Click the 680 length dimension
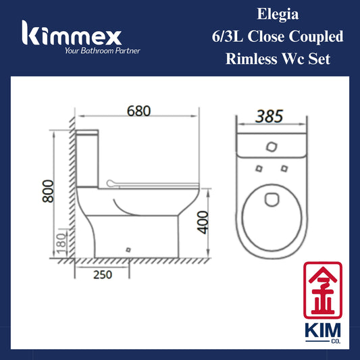(x=138, y=111)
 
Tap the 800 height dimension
(x=48, y=191)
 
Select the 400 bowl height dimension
(x=203, y=222)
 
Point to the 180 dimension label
(x=61, y=243)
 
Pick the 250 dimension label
(x=103, y=275)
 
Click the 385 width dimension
(x=269, y=116)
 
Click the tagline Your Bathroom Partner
(x=102, y=51)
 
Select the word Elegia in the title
(x=278, y=15)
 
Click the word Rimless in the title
(x=252, y=59)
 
